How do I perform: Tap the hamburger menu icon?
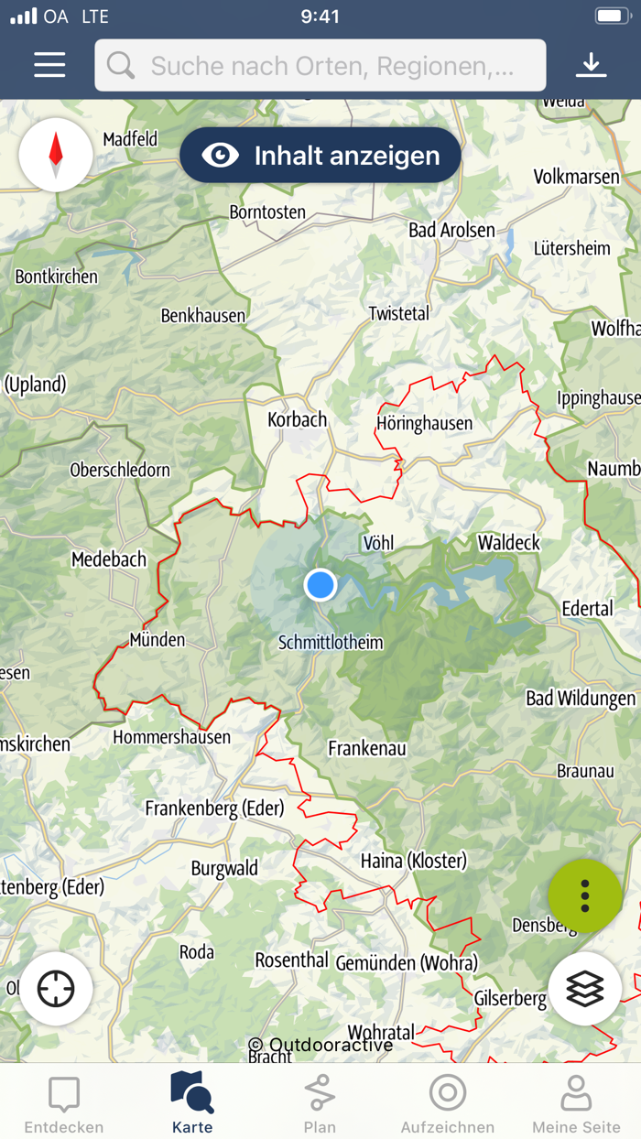coord(49,65)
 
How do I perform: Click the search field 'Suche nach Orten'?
coord(320,65)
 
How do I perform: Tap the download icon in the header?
coord(592,65)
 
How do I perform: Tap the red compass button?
coord(56,155)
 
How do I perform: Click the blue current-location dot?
coord(320,584)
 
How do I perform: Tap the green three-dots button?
coord(585,895)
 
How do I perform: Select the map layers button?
coord(585,989)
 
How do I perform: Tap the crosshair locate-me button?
coord(56,990)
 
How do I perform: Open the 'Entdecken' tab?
coord(64,1104)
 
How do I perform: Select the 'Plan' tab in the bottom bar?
coord(320,1104)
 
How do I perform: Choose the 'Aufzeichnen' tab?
coord(448,1104)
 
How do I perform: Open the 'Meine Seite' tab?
coord(576,1104)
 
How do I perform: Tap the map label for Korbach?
coord(297,420)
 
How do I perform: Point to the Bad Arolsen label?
coord(451,231)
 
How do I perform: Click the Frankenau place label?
coord(367,749)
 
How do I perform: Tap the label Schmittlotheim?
coord(331,643)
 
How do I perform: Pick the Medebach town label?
coord(109,559)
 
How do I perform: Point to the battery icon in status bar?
coord(612,16)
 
